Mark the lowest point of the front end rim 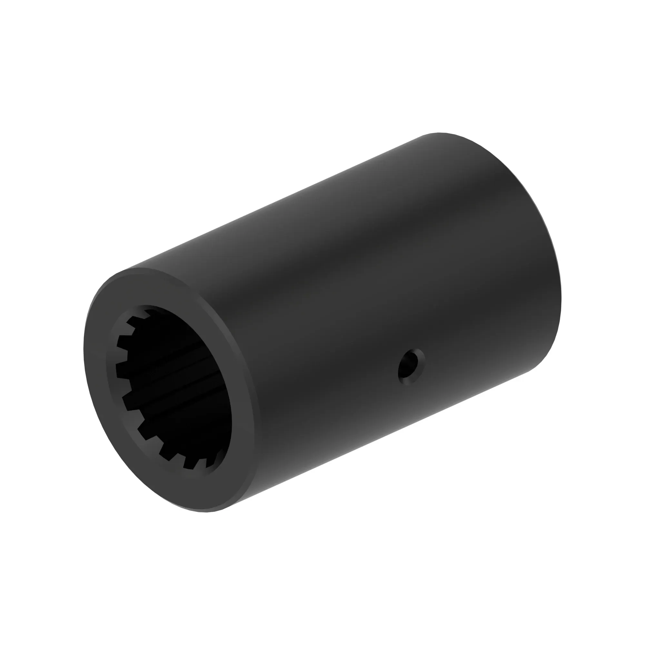[207, 512]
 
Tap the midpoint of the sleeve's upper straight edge [277, 200]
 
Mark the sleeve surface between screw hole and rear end [484, 334]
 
